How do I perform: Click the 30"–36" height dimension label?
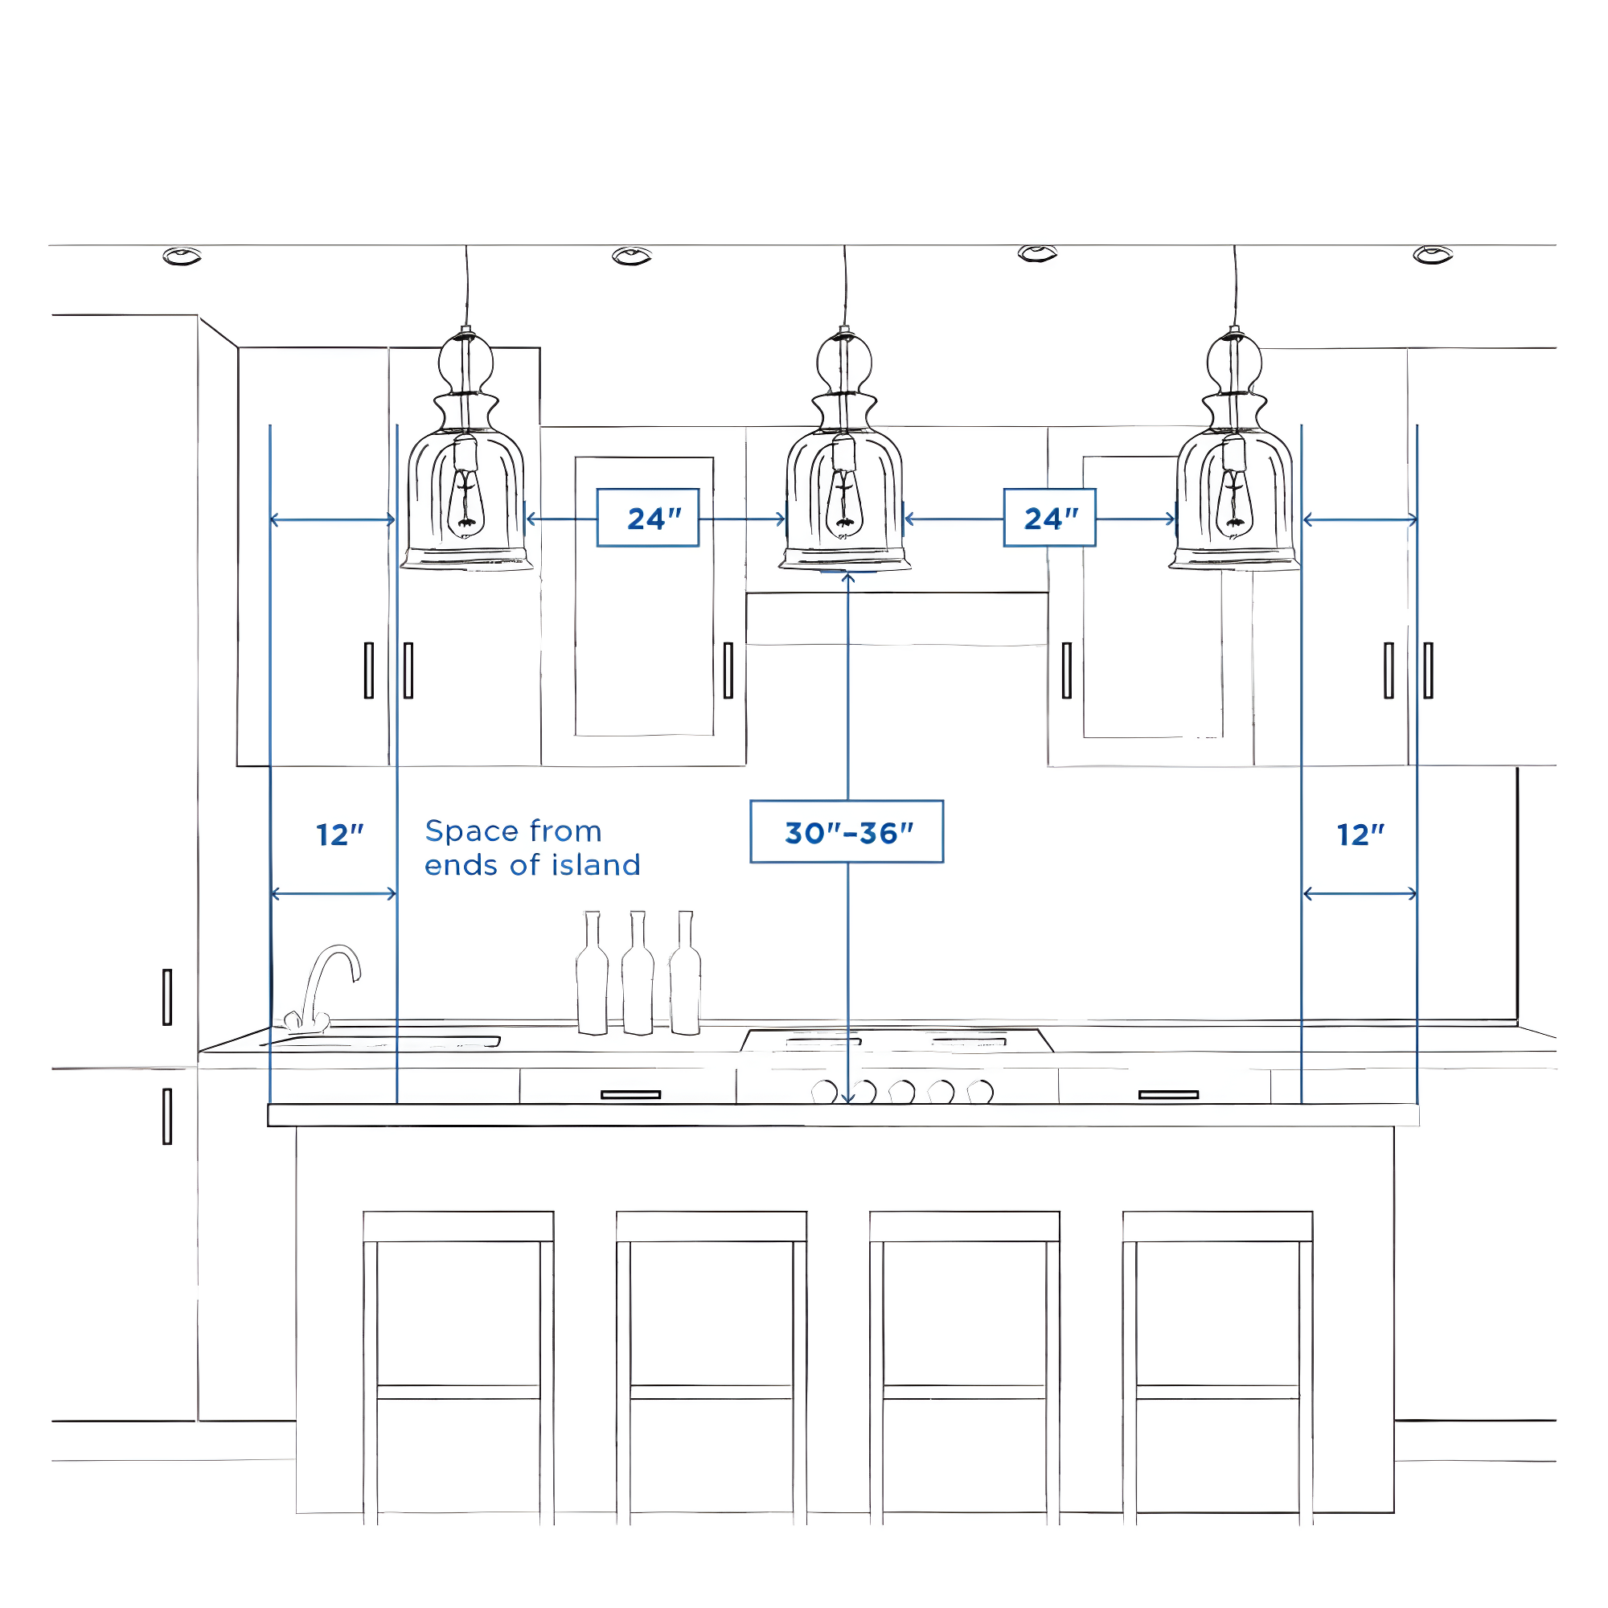[847, 831]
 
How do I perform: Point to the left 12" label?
[339, 834]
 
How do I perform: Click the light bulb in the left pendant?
[466, 503]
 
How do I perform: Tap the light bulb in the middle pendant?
[844, 503]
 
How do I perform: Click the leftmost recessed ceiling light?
[183, 256]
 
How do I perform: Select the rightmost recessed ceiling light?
[1433, 255]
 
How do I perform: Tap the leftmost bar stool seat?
[458, 1226]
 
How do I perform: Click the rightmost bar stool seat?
[1216, 1226]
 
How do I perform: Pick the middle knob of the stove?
[901, 1091]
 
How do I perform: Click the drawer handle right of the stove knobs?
[1167, 1094]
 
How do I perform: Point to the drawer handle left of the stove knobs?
[630, 1094]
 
